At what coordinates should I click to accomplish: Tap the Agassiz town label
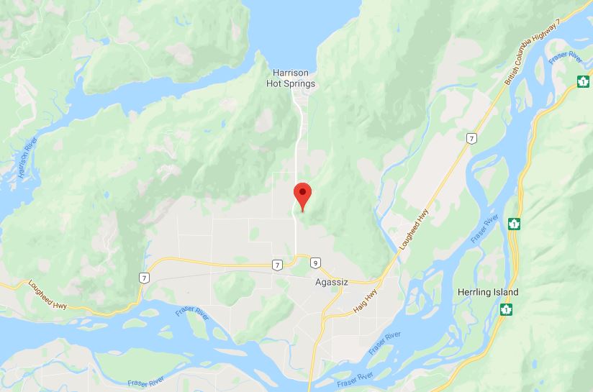332,283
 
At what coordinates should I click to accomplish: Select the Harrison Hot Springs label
294,78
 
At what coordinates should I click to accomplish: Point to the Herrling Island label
488,293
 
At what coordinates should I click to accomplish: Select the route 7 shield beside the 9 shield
278,265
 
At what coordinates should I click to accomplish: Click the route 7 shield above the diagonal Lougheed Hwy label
470,137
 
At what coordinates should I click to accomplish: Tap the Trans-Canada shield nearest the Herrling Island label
507,310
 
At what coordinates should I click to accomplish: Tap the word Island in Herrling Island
504,293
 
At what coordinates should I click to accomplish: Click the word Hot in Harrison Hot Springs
279,83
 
